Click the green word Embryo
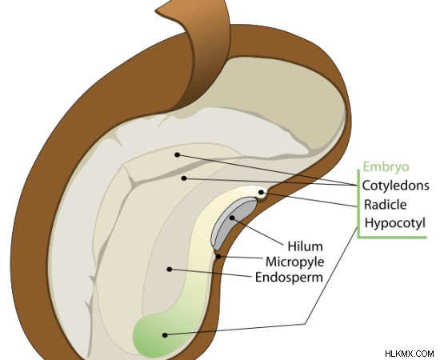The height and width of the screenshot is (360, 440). (386, 167)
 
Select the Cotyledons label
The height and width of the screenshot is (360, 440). (396, 186)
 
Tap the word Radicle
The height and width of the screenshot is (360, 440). (386, 205)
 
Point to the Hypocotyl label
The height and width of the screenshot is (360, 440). (395, 223)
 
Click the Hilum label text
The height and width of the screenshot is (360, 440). (306, 246)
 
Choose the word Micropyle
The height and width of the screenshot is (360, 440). (295, 262)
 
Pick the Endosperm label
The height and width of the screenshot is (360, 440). (289, 278)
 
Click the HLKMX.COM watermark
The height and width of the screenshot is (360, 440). (410, 354)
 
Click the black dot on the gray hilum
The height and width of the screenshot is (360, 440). (232, 218)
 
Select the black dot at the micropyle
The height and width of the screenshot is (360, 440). (218, 256)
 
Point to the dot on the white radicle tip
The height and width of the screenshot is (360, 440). (261, 192)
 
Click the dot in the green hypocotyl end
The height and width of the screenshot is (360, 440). (165, 335)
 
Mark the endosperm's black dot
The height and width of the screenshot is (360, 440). (170, 269)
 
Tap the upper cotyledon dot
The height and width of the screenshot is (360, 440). (177, 154)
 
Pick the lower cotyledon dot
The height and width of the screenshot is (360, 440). (184, 178)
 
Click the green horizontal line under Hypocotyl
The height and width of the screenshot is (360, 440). (392, 238)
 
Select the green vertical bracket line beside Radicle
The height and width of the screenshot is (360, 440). (358, 203)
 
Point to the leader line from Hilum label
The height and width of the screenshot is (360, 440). (258, 231)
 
